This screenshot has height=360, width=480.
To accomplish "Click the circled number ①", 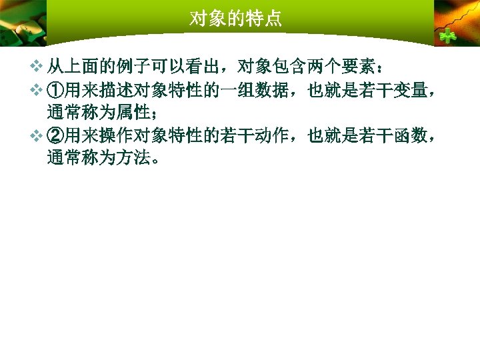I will click(x=55, y=90).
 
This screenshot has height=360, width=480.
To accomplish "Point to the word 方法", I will click(x=127, y=159).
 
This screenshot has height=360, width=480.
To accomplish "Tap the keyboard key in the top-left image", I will click(x=27, y=27).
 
